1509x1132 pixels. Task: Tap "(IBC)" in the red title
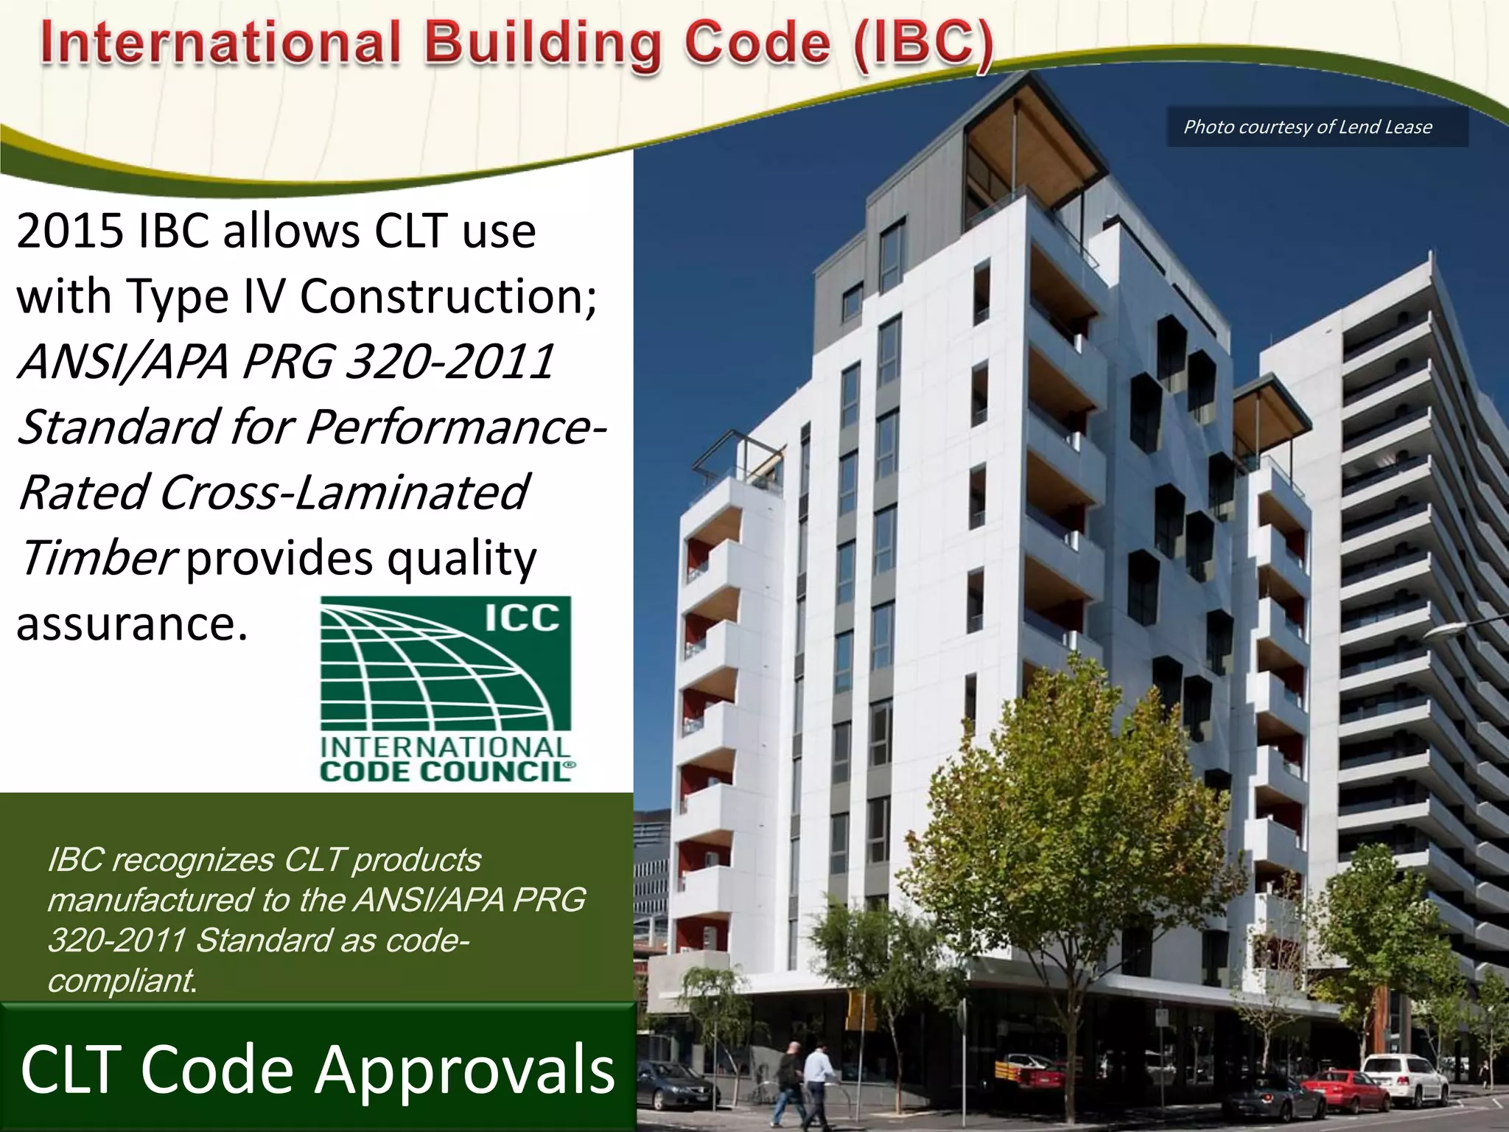click(924, 44)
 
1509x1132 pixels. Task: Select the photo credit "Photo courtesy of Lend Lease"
click(1307, 127)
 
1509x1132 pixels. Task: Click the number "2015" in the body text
click(70, 231)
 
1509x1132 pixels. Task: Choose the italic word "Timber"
click(97, 557)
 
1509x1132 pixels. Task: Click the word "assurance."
click(132, 623)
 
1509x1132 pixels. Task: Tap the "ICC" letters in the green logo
click(522, 618)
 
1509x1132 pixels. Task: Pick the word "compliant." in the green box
click(122, 980)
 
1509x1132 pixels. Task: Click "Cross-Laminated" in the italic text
click(343, 492)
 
